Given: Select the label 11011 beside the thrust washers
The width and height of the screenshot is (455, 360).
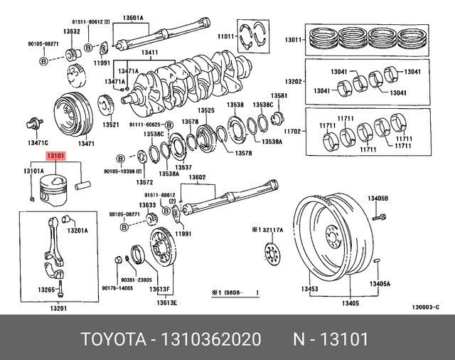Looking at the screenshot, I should [225, 36].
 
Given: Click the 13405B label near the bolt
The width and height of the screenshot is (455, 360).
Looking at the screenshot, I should [378, 197].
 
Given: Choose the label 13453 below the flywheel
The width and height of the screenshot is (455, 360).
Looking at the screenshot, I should [309, 289].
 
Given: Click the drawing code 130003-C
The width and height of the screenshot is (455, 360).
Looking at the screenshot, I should [425, 307].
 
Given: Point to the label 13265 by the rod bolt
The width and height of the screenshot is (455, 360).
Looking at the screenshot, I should [47, 290].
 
